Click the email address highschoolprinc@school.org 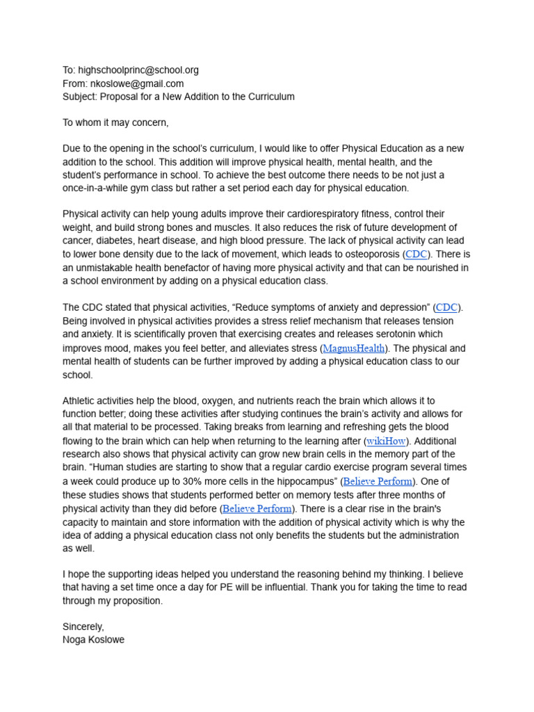coord(138,70)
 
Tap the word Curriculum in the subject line coord(268,97)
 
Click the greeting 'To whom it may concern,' coord(115,123)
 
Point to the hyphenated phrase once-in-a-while coord(97,188)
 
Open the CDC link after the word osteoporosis coord(416,254)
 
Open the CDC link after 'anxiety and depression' coord(446,307)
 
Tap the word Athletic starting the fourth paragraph coord(80,401)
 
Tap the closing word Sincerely coord(83,627)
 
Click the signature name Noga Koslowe coord(94,640)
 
